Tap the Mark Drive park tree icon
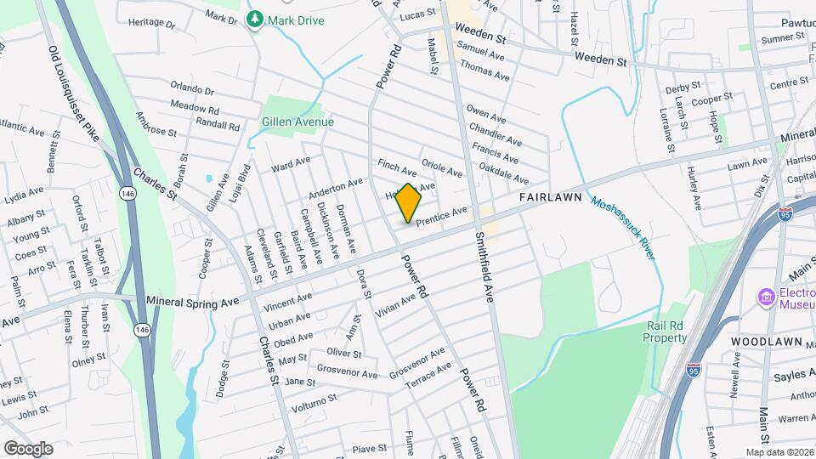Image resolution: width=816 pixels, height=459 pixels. [x=254, y=19]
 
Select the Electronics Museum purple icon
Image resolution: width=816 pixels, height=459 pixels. [x=766, y=297]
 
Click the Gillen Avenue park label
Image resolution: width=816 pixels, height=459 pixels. [x=297, y=122]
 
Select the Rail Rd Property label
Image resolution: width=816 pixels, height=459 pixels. [x=665, y=331]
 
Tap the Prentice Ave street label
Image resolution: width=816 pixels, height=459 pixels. [x=441, y=216]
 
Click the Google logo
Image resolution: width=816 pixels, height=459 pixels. [x=28, y=448]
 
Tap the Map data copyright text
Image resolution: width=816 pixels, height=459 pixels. [x=779, y=451]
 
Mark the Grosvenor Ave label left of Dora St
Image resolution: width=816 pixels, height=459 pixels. [x=346, y=372]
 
